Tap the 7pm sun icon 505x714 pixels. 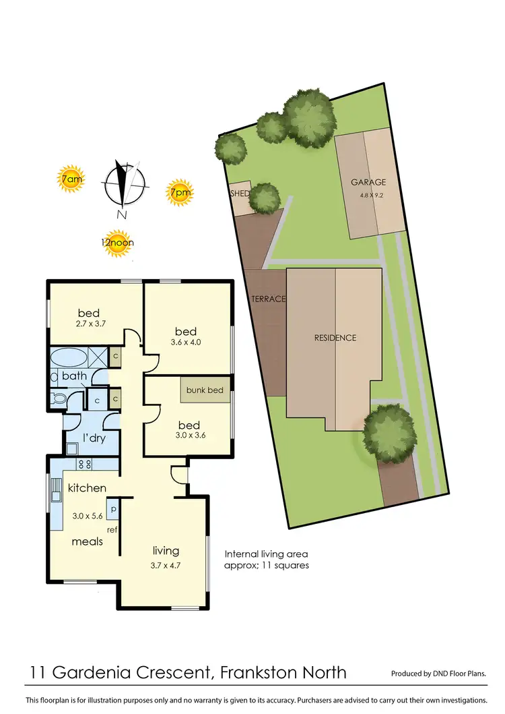[180, 192]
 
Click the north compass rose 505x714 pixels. [124, 183]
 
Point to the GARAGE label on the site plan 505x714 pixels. [368, 182]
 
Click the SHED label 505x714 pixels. [240, 194]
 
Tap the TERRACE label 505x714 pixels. [269, 299]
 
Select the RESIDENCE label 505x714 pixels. [335, 338]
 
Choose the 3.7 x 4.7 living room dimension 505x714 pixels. [166, 567]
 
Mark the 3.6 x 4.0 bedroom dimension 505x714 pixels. [186, 343]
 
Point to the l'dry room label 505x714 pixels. [94, 438]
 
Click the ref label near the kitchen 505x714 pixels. [112, 530]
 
